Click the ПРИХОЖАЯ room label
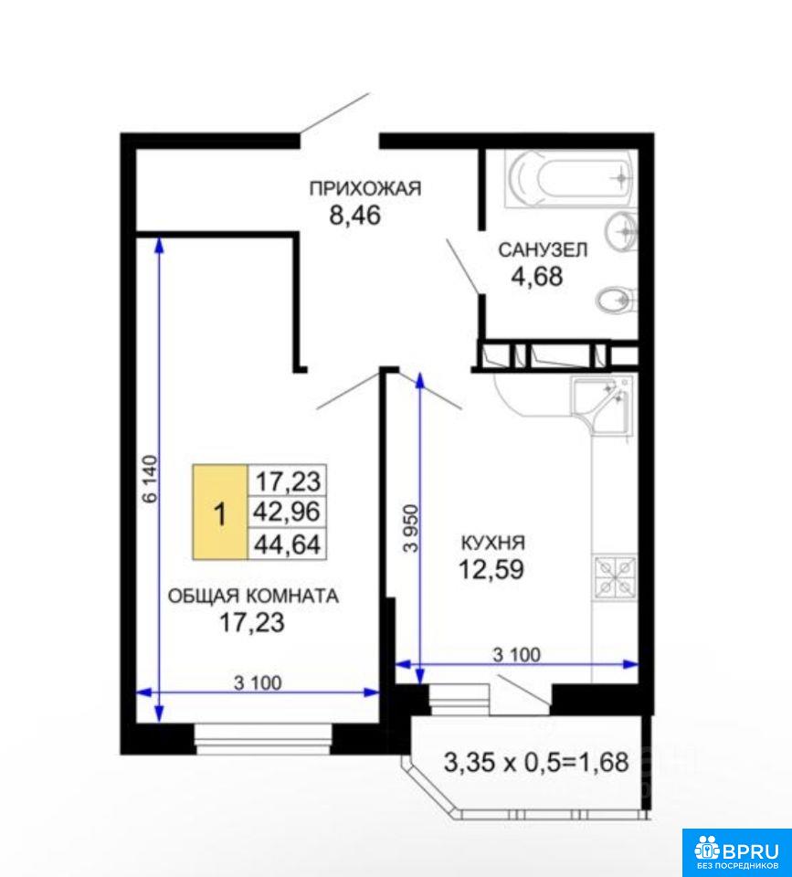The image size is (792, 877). (365, 188)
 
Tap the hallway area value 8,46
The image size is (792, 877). (355, 216)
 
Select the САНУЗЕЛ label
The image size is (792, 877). (543, 249)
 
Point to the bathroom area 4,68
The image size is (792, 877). (537, 276)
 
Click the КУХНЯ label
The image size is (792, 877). (492, 543)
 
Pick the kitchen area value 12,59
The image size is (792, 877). (491, 569)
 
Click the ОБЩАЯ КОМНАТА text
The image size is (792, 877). (253, 596)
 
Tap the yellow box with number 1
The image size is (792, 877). (220, 512)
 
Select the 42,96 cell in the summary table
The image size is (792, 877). (287, 512)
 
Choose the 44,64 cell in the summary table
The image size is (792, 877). (287, 544)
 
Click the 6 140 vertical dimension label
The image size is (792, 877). (151, 480)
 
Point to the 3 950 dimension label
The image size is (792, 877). (411, 529)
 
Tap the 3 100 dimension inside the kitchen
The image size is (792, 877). (517, 654)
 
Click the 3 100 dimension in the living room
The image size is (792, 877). (258, 683)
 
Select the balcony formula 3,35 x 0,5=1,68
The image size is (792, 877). (536, 762)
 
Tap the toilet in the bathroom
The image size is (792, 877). (617, 301)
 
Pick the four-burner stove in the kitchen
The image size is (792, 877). (615, 576)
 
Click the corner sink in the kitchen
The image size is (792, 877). (602, 406)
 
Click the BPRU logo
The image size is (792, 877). (736, 851)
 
